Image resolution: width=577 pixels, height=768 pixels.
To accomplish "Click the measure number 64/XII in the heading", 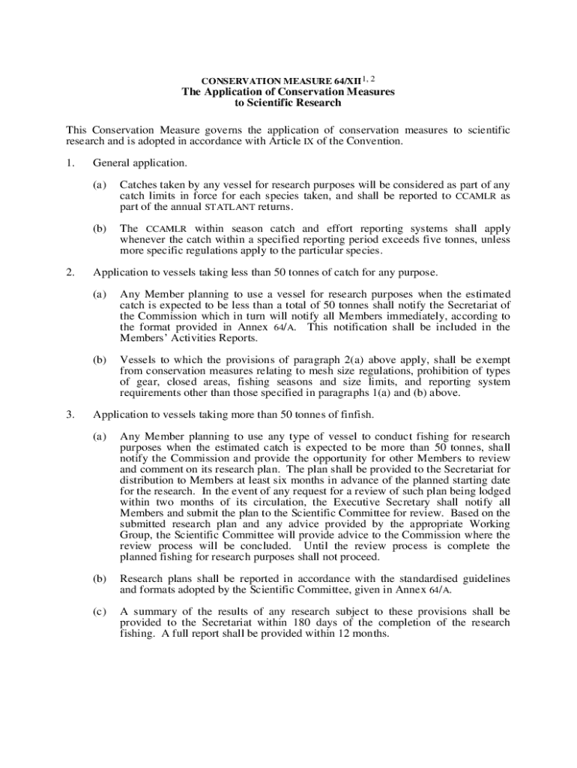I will tap(343, 80).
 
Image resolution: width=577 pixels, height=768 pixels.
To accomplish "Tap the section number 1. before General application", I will tap(70, 163).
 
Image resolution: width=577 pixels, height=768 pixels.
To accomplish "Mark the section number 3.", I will tap(70, 414).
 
